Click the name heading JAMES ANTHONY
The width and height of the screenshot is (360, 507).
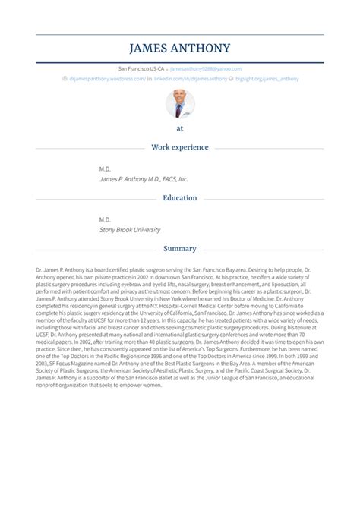[180, 49]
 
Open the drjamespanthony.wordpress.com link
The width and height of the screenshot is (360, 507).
[107, 77]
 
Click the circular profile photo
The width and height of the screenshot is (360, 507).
[180, 104]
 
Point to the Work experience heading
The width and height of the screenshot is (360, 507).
[180, 146]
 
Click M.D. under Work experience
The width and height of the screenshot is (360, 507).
[106, 168]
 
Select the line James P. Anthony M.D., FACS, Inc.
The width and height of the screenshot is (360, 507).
[144, 179]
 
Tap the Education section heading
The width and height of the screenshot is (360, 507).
[180, 198]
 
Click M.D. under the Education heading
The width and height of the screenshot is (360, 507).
[106, 219]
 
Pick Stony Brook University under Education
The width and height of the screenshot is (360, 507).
[130, 229]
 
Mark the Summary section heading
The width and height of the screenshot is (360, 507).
[180, 248]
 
